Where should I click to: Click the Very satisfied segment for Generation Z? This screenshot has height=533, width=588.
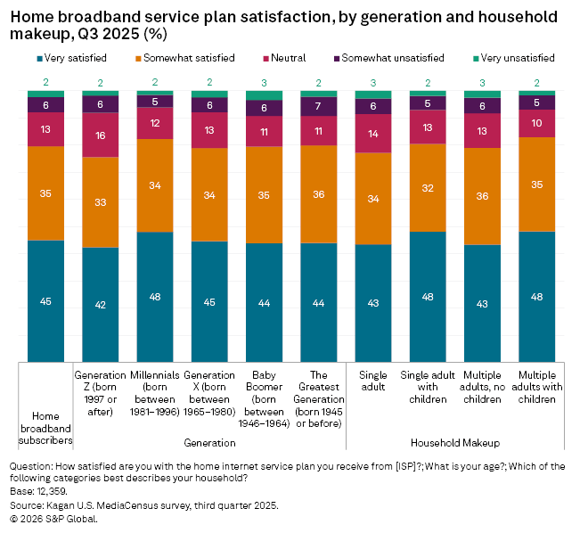pyautogui.click(x=101, y=304)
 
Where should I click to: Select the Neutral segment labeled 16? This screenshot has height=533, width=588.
pyautogui.click(x=101, y=135)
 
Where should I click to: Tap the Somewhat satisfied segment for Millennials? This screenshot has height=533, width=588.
pyautogui.click(x=155, y=185)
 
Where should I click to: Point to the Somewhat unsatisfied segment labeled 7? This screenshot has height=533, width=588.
pyautogui.click(x=319, y=106)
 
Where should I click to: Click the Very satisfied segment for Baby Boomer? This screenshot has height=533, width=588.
pyautogui.click(x=264, y=302)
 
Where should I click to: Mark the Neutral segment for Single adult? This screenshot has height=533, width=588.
pyautogui.click(x=373, y=133)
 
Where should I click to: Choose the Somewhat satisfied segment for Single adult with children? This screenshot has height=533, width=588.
pyautogui.click(x=428, y=187)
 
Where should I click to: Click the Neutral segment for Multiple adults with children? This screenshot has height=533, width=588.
pyautogui.click(x=537, y=123)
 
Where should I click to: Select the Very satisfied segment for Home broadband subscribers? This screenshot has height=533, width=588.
pyautogui.click(x=45, y=300)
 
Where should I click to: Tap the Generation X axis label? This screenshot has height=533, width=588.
pyautogui.click(x=209, y=393)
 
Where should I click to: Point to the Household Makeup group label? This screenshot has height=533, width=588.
pyautogui.click(x=455, y=442)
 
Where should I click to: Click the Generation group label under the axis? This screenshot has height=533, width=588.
pyautogui.click(x=209, y=442)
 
